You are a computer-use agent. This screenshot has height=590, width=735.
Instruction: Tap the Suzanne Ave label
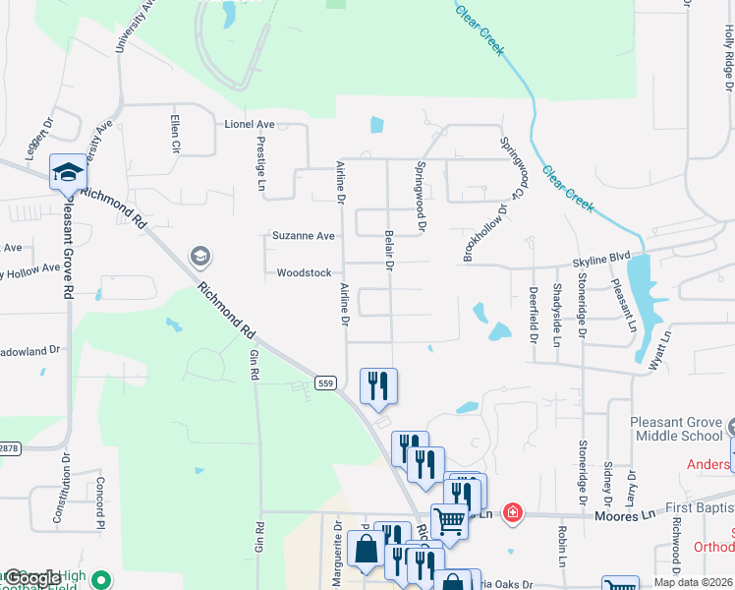(x=304, y=236)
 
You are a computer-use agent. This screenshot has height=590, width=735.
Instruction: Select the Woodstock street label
(x=304, y=272)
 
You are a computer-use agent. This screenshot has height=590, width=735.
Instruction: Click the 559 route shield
(x=326, y=381)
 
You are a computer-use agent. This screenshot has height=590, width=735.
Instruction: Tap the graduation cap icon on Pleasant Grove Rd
(x=68, y=173)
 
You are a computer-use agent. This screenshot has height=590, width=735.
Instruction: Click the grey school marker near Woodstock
(x=200, y=258)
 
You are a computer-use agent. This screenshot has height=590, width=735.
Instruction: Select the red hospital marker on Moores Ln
(x=512, y=512)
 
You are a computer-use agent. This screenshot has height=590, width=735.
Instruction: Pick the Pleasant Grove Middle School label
(x=678, y=429)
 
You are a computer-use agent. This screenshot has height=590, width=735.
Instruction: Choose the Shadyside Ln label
(x=556, y=315)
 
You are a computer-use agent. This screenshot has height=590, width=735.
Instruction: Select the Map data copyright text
(x=692, y=582)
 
